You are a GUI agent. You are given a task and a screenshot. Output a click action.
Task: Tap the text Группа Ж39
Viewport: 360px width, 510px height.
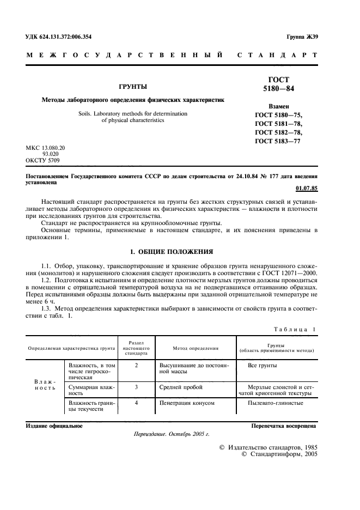click(302, 37)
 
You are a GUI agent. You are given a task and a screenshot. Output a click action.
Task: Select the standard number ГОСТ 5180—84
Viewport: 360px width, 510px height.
click(278, 84)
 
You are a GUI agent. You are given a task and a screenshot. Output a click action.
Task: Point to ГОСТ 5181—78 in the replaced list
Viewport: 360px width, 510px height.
click(278, 124)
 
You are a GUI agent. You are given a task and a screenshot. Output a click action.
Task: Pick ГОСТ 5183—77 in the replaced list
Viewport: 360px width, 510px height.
click(278, 141)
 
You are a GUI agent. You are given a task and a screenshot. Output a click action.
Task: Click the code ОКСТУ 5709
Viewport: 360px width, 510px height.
click(43, 160)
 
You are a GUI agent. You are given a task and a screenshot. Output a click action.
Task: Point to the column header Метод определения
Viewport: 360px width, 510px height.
click(196, 348)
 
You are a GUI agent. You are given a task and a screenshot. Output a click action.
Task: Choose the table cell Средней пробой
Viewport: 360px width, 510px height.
click(181, 387)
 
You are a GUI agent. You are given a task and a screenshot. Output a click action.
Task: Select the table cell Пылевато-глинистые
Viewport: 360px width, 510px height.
click(276, 403)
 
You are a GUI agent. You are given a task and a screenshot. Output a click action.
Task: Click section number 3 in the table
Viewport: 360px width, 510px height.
click(136, 387)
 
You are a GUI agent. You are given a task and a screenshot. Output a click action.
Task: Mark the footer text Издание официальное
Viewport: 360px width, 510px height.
click(54, 426)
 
